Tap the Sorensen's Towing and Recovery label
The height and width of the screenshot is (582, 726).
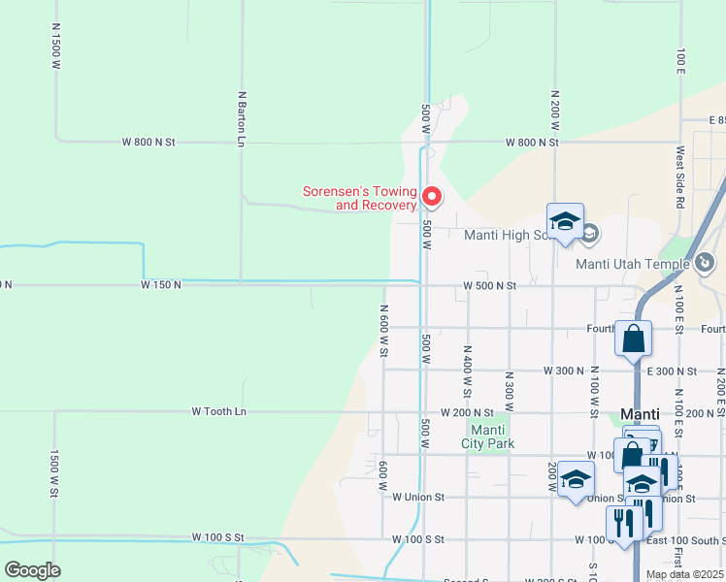(360, 198)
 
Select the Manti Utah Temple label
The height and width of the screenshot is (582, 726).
(632, 264)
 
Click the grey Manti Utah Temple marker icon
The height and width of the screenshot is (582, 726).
(705, 262)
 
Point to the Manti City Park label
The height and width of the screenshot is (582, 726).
(490, 436)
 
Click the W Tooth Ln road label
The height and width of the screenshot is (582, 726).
(219, 411)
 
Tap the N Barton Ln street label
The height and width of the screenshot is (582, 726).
(241, 119)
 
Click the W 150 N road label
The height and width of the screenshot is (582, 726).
(161, 285)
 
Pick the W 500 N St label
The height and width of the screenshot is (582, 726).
(489, 286)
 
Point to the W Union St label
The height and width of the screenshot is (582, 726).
(417, 497)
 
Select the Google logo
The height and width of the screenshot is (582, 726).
(32, 570)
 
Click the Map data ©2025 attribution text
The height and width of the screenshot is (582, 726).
(684, 574)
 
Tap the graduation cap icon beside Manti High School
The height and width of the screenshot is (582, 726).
(565, 222)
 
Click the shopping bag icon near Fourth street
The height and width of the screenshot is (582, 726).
(633, 339)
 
